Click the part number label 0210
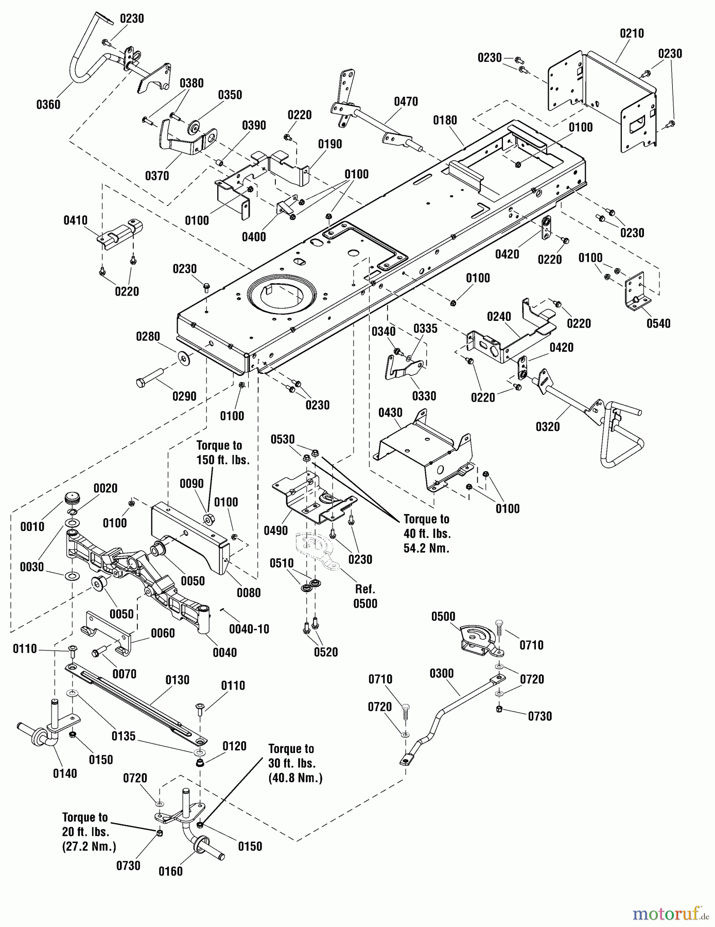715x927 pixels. tap(632, 33)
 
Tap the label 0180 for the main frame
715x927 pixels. tap(445, 121)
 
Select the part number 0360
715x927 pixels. tap(48, 105)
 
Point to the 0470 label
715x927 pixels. tap(406, 102)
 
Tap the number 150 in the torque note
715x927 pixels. tap(206, 460)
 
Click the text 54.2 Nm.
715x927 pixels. tap(426, 548)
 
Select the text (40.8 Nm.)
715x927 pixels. tap(295, 778)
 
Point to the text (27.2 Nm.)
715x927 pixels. tap(89, 846)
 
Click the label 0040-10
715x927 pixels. tap(249, 629)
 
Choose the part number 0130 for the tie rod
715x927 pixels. tap(177, 680)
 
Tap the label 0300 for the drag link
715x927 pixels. tap(442, 674)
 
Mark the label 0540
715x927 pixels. tap(658, 323)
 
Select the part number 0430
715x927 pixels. tap(390, 413)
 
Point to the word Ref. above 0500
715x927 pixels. tap(365, 589)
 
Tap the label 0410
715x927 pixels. tap(75, 221)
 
